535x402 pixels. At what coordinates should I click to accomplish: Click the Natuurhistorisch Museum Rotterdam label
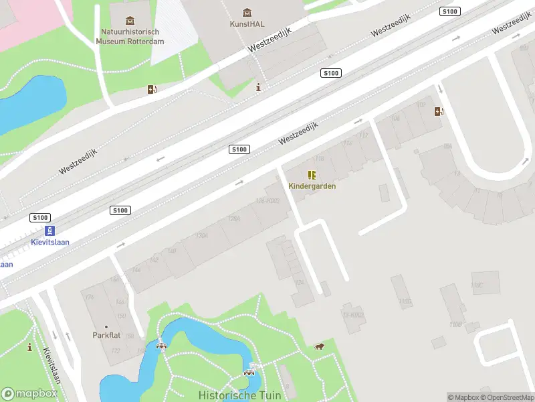[x=130, y=36]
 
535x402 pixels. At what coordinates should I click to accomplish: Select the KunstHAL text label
[x=247, y=24]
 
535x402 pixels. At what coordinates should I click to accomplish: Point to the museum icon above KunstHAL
[x=247, y=12]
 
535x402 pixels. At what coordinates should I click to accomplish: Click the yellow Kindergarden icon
[x=312, y=175]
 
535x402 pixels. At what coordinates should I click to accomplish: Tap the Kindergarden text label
[x=312, y=186]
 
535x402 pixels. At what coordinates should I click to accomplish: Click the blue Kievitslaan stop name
[x=51, y=242]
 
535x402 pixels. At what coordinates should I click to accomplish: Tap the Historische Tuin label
[x=239, y=395]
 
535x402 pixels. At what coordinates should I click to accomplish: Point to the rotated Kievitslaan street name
[x=52, y=366]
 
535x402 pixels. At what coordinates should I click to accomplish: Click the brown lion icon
[x=320, y=346]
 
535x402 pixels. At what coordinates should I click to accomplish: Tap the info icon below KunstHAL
[x=258, y=87]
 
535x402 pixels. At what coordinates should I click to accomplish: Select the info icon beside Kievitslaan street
[x=29, y=347]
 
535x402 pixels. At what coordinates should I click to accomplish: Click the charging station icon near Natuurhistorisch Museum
[x=152, y=89]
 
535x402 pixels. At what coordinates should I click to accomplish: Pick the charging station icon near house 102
[x=439, y=111]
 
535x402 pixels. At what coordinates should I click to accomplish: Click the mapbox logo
[x=29, y=394]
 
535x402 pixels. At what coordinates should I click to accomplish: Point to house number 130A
[x=202, y=235]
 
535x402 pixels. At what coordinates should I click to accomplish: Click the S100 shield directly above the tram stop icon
[x=40, y=217]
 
